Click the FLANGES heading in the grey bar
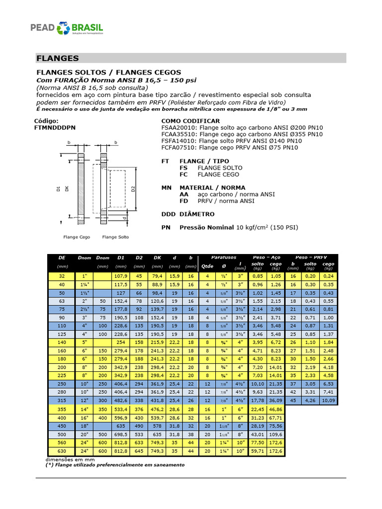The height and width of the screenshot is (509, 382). pyautogui.click(x=58, y=58)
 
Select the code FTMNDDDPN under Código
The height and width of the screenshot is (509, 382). pyautogui.click(x=55, y=127)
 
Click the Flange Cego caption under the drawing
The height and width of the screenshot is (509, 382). pyautogui.click(x=77, y=237)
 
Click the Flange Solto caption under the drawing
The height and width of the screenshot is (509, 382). pyautogui.click(x=115, y=237)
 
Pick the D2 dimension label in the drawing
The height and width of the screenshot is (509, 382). pyautogui.click(x=133, y=189)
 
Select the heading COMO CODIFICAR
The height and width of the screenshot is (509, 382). pyautogui.click(x=191, y=121)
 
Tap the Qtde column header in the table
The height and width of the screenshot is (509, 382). pyautogui.click(x=206, y=266)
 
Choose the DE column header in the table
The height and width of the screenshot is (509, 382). pyautogui.click(x=61, y=257)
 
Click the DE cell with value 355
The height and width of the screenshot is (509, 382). pyautogui.click(x=61, y=409)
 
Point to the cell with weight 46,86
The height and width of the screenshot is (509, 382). pyautogui.click(x=277, y=409)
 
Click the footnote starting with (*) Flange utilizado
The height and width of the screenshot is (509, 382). pyautogui.click(x=115, y=465)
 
